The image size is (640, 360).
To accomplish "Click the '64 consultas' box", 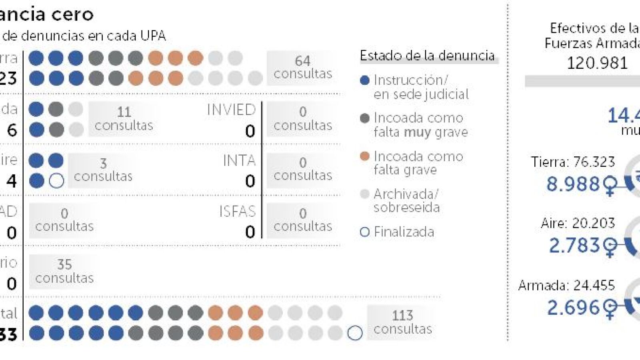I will pos(302,67).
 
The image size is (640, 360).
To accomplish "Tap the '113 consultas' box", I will pos(402,322).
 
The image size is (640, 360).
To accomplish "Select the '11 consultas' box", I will pos(124,118).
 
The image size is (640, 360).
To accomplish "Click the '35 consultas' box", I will pos(64,271).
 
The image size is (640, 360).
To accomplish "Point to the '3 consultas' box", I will pos(103,170).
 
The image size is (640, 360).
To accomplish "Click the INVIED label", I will pos(231,110).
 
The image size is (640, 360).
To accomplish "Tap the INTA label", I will pos(239,161).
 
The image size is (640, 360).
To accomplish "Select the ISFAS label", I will pos(237,211).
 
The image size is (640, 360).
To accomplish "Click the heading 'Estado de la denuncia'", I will pos(427,56).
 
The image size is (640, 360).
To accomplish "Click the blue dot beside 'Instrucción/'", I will pos(364,80).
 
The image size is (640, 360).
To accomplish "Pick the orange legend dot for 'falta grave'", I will pos(364,156).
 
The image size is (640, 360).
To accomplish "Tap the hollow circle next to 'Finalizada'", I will pos(364,232).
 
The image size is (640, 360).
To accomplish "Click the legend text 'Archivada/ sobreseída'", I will pos(406,201).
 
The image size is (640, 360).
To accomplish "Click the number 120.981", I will pos(597,63).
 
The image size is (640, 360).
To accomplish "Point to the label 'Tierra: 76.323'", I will pos(572,162).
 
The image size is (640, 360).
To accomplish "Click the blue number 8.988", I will pos(573,184).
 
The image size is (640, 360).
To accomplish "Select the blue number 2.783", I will pos(574,245).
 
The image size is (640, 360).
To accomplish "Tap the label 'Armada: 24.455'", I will pos(566,285).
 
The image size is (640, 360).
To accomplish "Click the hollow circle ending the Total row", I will pos(355,333).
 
